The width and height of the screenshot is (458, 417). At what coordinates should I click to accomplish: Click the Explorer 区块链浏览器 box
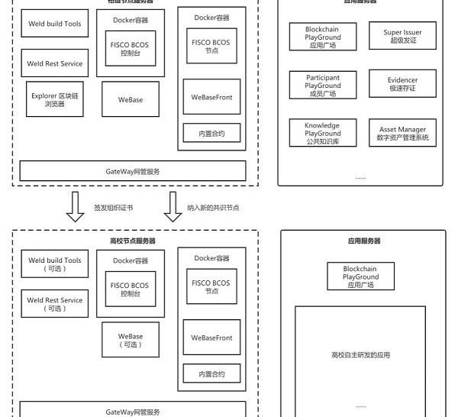[x=54, y=100]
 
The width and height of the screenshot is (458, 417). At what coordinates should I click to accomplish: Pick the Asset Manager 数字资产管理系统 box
[x=402, y=133]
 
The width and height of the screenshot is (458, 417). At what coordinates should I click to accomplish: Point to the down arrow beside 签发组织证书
[x=75, y=206]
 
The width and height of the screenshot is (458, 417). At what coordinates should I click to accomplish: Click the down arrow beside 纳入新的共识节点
[x=173, y=206]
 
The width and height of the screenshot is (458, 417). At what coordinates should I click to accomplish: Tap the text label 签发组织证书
[x=113, y=208]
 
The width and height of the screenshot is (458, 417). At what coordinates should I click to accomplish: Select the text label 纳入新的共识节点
[x=213, y=208]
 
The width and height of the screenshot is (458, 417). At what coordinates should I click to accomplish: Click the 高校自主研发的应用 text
[x=360, y=355]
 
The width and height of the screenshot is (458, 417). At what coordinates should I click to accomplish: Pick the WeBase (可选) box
[x=130, y=340]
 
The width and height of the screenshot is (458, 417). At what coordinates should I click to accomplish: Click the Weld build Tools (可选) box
[x=54, y=265]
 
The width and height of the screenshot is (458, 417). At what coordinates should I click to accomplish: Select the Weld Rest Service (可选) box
[x=54, y=304]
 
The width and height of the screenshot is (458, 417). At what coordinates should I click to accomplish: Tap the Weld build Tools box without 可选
[x=54, y=24]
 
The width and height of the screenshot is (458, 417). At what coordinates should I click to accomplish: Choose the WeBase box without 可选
[x=130, y=100]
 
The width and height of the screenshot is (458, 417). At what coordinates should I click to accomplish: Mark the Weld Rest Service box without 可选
[x=54, y=63]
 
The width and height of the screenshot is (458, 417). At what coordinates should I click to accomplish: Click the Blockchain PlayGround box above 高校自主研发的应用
[x=360, y=276]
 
